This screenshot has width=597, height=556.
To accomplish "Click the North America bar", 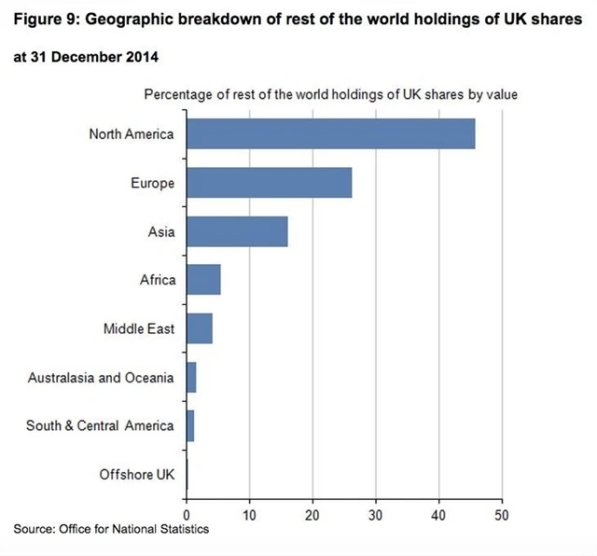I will pos(330,134).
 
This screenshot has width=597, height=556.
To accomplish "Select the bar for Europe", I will pos(269,183).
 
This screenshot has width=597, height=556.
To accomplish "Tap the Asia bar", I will pos(237,231).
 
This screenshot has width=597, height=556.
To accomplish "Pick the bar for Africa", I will pos(203,280).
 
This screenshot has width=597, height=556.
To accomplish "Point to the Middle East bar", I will pos(200,328).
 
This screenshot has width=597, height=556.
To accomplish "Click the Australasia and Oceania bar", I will pos(191,377).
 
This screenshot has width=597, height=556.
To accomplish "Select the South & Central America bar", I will pos(190,426).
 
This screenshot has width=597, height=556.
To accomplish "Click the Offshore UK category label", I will pos(137,475).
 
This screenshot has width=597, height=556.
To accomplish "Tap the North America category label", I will pos(132,133).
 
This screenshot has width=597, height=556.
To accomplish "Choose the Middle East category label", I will pos(139,328).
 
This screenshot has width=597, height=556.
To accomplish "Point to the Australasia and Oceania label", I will pos(101,377).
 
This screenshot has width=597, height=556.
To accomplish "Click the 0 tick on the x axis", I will pos(187,514).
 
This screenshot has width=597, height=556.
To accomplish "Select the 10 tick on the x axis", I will pos(250,514).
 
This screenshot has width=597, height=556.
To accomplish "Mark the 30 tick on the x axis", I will pos(376,514).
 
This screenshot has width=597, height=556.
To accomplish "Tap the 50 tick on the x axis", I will pos(502,514).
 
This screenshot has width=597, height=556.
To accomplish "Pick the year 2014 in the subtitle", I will pos(140,58).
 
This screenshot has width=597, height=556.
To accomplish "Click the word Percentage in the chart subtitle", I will pos(178,94).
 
